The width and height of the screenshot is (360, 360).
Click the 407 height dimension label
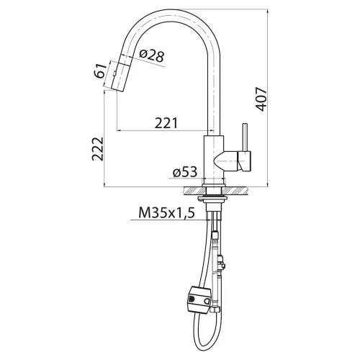click(264, 98)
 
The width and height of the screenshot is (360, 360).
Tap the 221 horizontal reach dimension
click(166, 123)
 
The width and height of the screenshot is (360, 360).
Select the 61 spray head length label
click(100, 74)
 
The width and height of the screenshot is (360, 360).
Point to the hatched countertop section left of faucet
click(192, 191)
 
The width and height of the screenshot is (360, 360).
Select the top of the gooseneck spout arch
click(173, 14)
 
